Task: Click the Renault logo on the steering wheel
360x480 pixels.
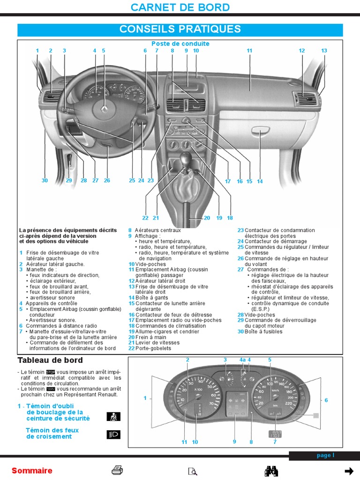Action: point(104,109)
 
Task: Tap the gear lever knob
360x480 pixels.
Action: point(187,158)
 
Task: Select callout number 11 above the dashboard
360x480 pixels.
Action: point(249,51)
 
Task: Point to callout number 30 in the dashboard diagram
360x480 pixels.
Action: point(45,180)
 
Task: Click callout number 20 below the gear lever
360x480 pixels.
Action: point(207,218)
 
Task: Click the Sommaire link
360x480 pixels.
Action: point(32,471)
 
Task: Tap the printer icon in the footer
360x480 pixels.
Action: point(117,471)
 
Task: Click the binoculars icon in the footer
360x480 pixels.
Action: point(272,471)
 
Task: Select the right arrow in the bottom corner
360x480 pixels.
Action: point(349,471)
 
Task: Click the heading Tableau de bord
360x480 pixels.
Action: point(50,360)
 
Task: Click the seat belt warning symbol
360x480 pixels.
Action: point(113,415)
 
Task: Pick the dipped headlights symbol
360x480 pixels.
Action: point(113,434)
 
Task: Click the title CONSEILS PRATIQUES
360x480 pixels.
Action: point(180,29)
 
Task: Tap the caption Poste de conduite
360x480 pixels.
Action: point(180,44)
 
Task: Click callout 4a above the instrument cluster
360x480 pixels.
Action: point(242,360)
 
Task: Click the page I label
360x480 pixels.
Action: point(325,455)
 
